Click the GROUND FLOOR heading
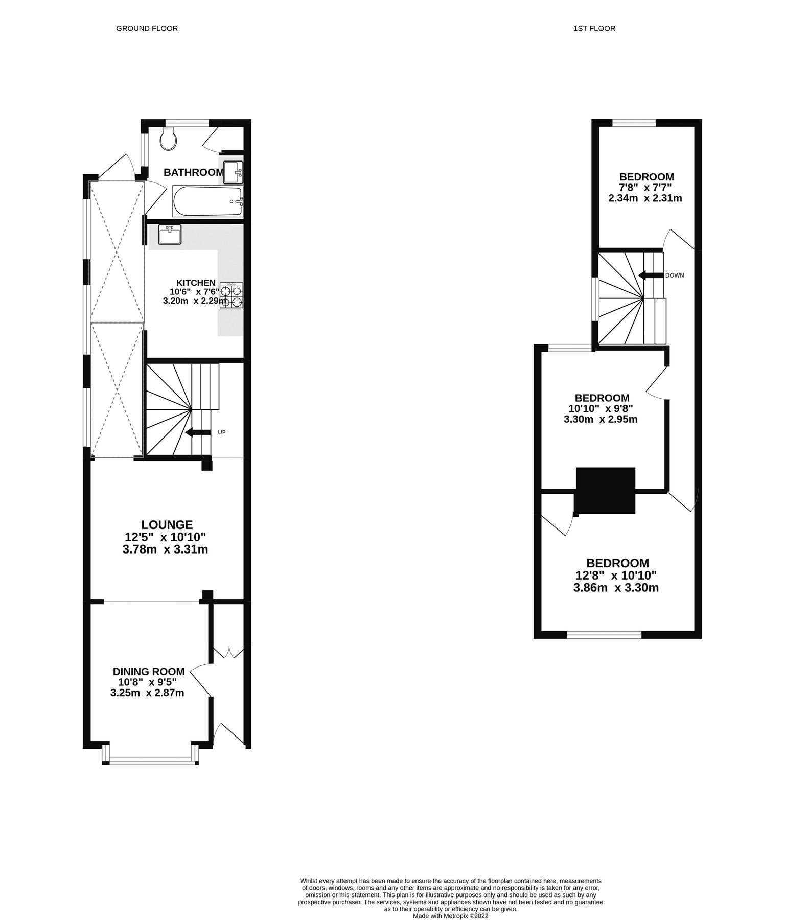pos(147,29)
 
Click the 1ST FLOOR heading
pos(594,29)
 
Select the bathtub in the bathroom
pos(207,201)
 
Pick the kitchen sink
pos(169,235)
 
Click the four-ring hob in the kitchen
pos(232,295)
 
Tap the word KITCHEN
pos(196,283)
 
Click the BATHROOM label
pos(193,172)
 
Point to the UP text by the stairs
pos(222,432)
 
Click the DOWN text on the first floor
pos(674,275)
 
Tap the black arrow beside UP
pos(198,433)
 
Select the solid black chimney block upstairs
pos(605,490)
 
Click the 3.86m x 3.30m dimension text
pos(615,588)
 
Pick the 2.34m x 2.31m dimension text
pos(644,198)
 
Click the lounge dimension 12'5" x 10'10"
pos(165,537)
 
